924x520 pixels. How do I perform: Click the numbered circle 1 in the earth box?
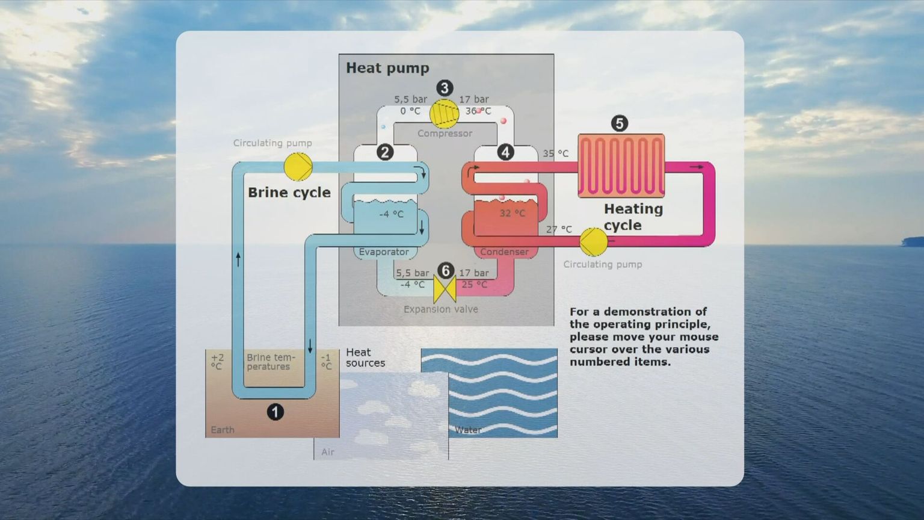(276, 412)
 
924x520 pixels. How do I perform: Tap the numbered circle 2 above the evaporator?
(385, 152)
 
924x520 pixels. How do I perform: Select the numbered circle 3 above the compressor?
(445, 88)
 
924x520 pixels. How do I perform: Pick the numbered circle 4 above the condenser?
(505, 152)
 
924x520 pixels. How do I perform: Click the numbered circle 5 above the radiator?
(620, 123)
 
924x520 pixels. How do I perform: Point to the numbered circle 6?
(446, 271)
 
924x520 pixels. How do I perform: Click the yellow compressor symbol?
(444, 114)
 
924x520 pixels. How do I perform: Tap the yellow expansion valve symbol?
(445, 290)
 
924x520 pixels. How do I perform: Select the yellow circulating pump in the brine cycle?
(298, 167)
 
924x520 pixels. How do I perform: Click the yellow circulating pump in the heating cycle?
(594, 242)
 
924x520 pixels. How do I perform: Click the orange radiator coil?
(621, 166)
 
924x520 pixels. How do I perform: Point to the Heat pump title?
(387, 68)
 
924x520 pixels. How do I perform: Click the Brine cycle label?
(289, 193)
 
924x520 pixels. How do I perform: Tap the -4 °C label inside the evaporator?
(391, 214)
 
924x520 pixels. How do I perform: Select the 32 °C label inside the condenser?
(513, 213)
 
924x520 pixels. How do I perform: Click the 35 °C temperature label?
(555, 153)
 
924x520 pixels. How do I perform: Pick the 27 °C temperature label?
(559, 229)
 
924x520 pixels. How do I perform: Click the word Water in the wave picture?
(468, 430)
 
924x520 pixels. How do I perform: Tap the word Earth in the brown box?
(223, 430)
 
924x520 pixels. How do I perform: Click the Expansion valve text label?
(441, 309)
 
